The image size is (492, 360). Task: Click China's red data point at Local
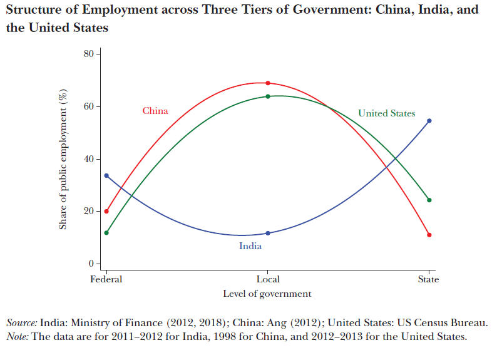268,83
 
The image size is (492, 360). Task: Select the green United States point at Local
268,96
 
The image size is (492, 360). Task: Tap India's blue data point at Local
268,233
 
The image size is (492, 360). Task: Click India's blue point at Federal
106,176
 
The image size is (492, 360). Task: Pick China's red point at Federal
106,211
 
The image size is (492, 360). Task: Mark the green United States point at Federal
106,233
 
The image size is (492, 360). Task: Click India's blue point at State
429,121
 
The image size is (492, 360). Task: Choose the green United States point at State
429,200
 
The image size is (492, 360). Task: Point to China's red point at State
429,235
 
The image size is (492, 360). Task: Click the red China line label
155,111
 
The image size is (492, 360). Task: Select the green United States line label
386,113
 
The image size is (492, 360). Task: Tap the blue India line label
250,246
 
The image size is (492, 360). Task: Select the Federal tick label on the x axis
106,279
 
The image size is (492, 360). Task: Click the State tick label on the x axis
429,279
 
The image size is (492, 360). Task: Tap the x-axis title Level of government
267,293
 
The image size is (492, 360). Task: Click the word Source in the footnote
22,323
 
